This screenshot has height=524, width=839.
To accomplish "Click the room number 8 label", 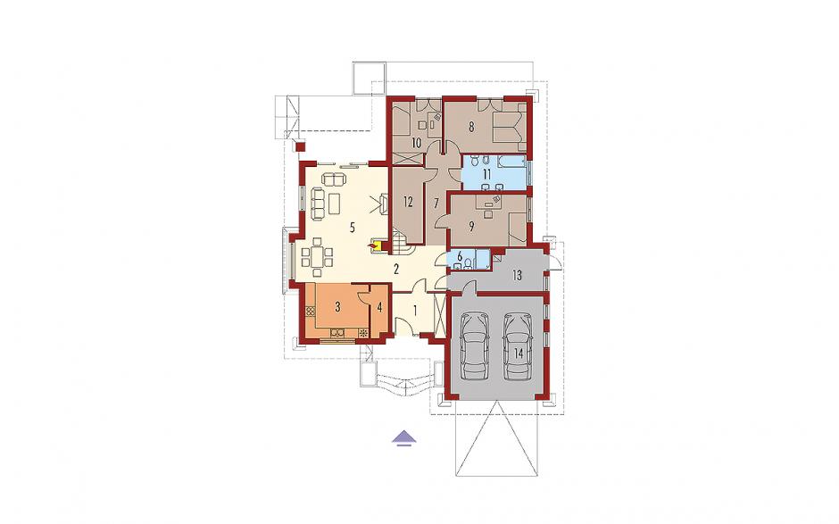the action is coord(471,128).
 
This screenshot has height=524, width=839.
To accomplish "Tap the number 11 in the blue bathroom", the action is coord(486,174).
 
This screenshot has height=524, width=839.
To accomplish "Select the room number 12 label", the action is coord(408,202).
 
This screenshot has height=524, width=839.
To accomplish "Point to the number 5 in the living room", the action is coord(352,227).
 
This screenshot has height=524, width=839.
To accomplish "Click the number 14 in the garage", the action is coord(518,353).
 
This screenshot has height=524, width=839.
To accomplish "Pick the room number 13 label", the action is coord(517,275).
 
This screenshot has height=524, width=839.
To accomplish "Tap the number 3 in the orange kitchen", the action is coord(337,307).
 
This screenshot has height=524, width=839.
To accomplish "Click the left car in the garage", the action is coord(475,345).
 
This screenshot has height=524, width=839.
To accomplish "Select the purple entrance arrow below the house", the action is coord(405,437).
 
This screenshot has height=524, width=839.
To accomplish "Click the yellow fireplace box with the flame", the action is coord(376,245).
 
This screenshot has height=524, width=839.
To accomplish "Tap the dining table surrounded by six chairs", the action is coord(317,256).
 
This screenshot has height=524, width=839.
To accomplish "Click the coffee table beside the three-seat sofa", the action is coord(335,203).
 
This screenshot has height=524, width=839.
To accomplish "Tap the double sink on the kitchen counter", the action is coord(337,332).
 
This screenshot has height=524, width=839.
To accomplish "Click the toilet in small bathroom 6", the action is coord(469,262).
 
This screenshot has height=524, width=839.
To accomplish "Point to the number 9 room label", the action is coord(471,227).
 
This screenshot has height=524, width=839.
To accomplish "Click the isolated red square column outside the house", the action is coord(300,145).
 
